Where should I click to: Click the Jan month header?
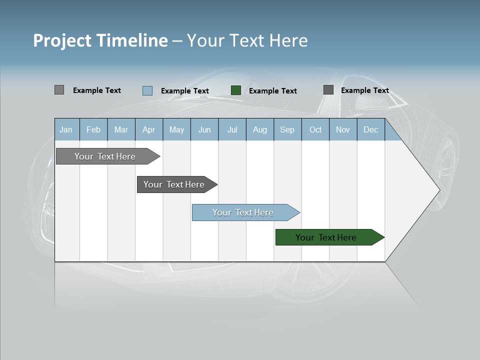[x=66, y=129]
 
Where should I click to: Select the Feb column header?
[x=93, y=129]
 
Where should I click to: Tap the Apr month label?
[x=149, y=129]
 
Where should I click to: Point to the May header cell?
[x=176, y=129]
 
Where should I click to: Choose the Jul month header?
[x=232, y=129]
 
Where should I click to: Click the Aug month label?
[x=260, y=129]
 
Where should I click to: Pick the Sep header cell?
[x=287, y=129]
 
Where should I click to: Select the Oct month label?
[x=315, y=129]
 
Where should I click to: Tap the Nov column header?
[x=343, y=129]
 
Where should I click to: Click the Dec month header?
[x=371, y=129]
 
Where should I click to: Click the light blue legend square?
[x=147, y=90]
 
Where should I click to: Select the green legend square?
[x=236, y=90]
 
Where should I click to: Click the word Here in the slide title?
[x=288, y=40]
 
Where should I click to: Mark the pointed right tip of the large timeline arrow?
[x=439, y=190]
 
